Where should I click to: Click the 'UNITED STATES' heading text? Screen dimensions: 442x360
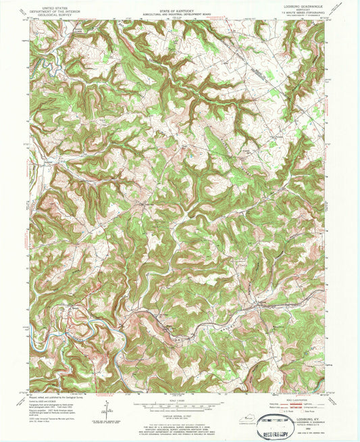[x=57, y=6]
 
